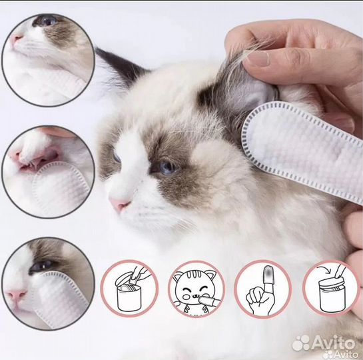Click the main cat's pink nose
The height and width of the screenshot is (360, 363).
[x=119, y=204]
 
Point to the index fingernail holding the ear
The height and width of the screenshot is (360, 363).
[x=258, y=58]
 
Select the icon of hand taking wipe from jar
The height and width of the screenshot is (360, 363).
[x=129, y=289]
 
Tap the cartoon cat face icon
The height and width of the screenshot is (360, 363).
[x=196, y=289]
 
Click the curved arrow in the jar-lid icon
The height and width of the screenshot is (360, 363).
[x=324, y=270]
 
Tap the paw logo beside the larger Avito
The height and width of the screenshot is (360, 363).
[x=300, y=343]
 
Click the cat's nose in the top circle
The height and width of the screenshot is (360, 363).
[x=16, y=39]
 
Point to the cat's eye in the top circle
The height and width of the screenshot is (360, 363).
[x=47, y=21]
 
